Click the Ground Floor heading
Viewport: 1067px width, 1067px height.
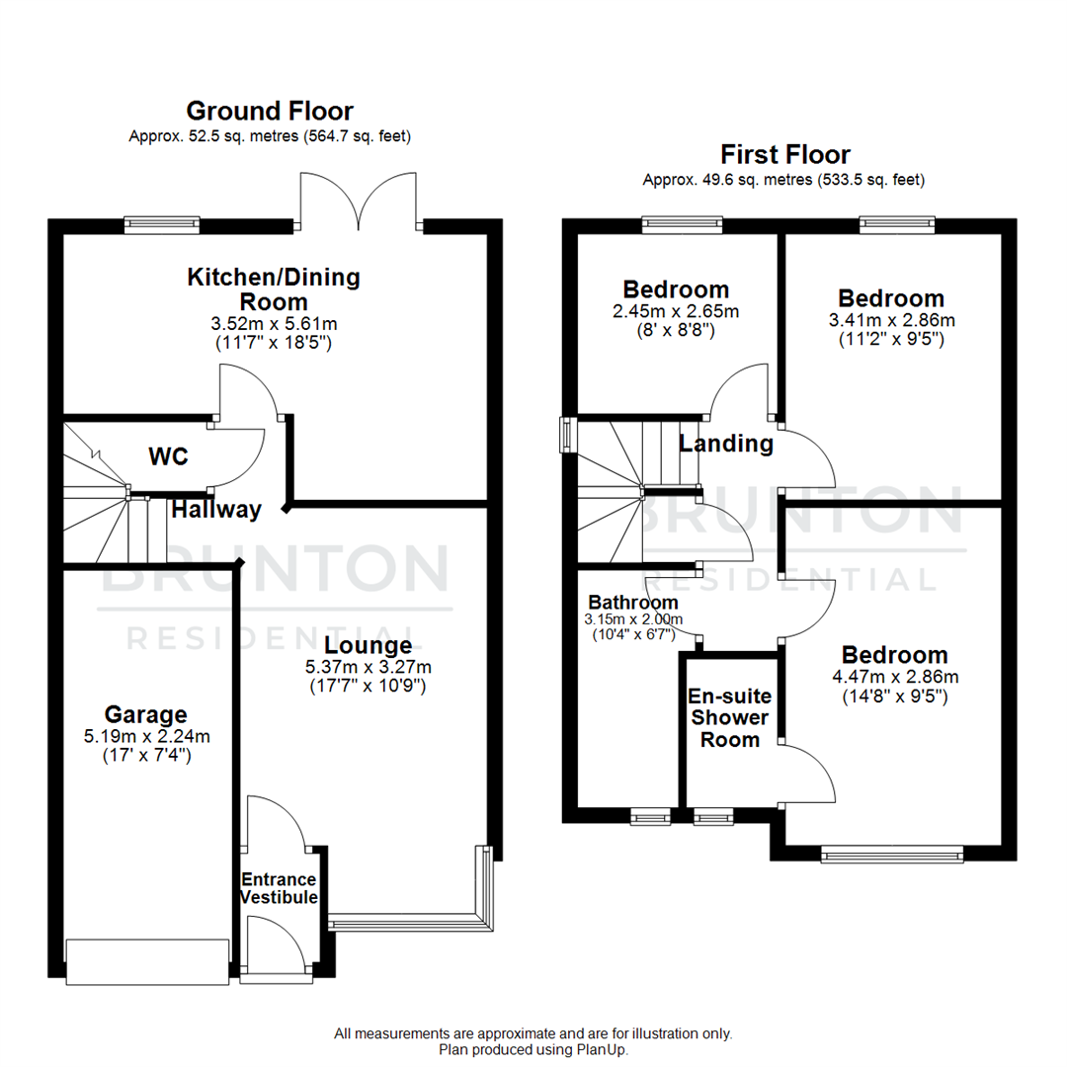[x=270, y=111]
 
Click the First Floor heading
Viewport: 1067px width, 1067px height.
[x=784, y=155]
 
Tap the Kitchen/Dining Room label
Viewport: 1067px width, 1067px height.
[x=274, y=288]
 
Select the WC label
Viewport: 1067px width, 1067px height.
[x=168, y=457]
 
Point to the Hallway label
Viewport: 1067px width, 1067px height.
[x=216, y=510]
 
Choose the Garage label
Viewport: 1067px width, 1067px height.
[x=145, y=714]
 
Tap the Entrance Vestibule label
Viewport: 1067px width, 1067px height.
[x=280, y=888]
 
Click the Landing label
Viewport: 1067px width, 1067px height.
[x=726, y=444]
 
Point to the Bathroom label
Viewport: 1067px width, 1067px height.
[x=633, y=602]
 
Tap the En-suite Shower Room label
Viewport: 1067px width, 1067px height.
[x=729, y=717]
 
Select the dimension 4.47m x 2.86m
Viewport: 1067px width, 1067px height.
[x=894, y=677]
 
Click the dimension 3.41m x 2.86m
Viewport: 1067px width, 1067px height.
[x=891, y=320]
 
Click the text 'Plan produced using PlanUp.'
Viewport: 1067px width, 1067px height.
[x=533, y=1050]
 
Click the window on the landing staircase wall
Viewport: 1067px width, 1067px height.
[x=567, y=435]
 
